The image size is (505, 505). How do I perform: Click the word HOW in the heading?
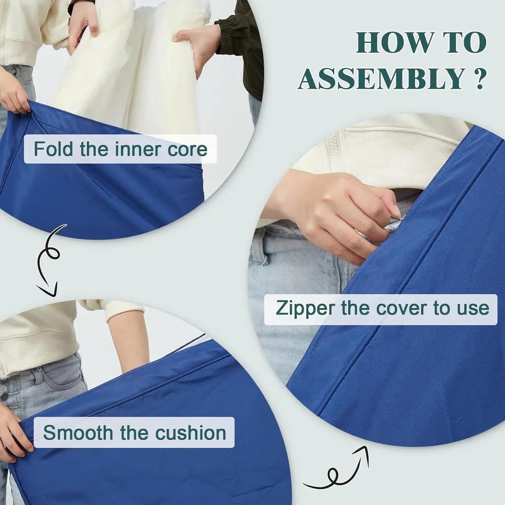[395, 42]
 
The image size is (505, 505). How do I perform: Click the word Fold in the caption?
[53, 149]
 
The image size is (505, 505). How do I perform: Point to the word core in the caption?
[187, 149]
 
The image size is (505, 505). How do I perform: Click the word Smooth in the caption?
[78, 432]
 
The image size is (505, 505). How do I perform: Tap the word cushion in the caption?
[191, 433]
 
